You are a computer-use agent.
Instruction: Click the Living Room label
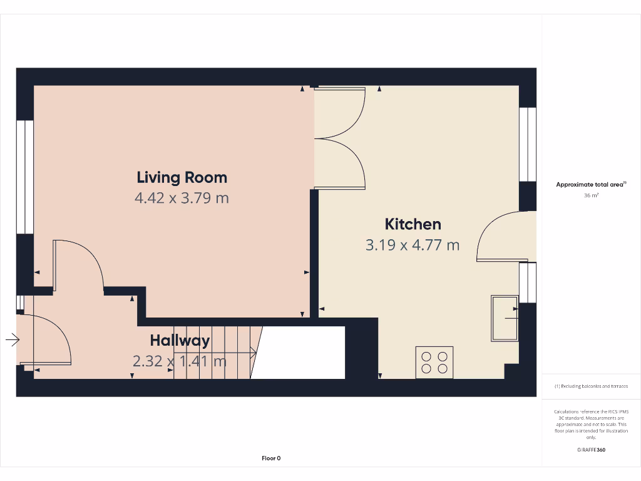coord(182,178)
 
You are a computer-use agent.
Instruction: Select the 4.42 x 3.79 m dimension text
coord(182,199)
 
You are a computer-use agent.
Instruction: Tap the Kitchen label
coord(413,224)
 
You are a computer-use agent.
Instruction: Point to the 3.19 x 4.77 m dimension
coord(413,245)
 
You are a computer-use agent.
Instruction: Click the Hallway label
coord(180,341)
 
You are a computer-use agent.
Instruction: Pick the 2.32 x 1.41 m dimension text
coord(180,361)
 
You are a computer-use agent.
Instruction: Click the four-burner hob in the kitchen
coord(434,362)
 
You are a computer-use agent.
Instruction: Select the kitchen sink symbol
coord(505,318)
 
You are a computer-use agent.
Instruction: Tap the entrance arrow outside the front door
coord(12,340)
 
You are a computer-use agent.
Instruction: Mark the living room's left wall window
coord(24,177)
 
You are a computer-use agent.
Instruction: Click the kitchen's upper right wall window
coord(528,144)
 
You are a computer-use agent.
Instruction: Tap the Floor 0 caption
coord(271,458)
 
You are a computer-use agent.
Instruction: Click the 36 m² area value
coord(591,195)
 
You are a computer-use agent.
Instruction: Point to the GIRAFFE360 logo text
coord(591,450)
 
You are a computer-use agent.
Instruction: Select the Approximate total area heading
coord(590,184)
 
